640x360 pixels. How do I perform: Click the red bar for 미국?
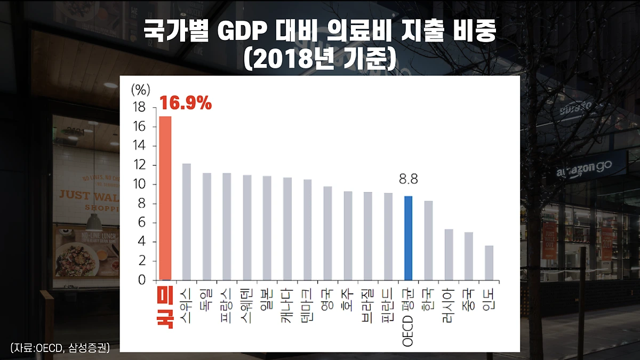pos(165,198)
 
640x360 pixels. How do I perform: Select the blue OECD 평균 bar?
pos(408,238)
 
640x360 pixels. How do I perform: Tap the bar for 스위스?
pos(186,221)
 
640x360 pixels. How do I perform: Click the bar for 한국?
pos(428,240)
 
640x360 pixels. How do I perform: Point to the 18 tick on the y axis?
pos(138,108)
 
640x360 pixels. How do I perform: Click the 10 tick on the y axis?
pos(138,185)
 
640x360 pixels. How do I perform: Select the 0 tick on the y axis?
pos(141,280)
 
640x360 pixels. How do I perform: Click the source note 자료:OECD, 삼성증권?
pos(60,348)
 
